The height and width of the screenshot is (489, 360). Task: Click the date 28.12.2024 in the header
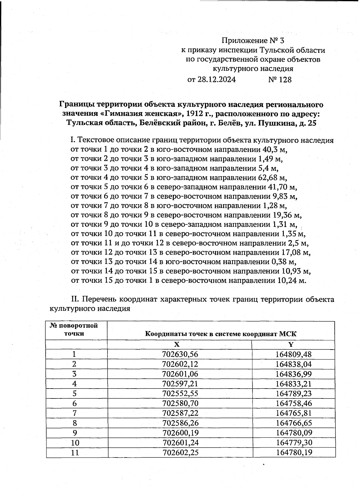click(x=216, y=80)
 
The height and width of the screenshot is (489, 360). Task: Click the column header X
click(x=177, y=344)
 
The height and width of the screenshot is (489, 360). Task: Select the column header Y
click(x=290, y=344)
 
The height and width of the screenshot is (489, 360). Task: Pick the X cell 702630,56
click(x=180, y=354)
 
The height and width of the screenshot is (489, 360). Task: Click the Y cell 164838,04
click(x=293, y=364)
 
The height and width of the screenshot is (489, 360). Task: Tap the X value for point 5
click(x=180, y=393)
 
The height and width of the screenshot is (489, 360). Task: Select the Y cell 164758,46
click(x=293, y=403)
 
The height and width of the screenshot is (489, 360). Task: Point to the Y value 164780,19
click(x=293, y=452)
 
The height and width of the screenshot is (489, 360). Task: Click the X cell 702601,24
click(x=180, y=443)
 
